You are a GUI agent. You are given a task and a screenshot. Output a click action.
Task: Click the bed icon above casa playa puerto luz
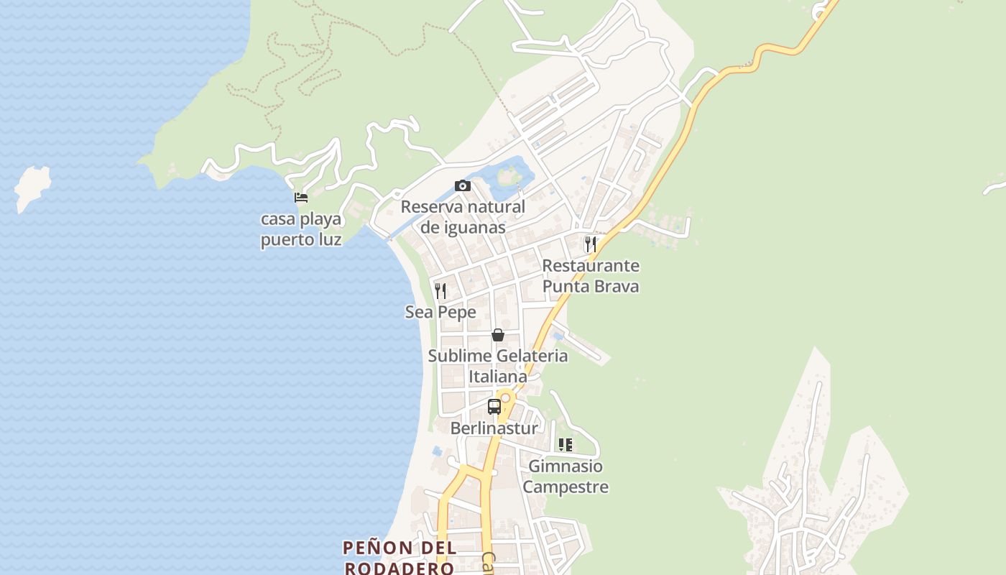301,198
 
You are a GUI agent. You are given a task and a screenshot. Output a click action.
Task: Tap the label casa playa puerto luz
301,229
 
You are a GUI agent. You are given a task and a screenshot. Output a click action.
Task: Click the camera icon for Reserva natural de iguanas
463,186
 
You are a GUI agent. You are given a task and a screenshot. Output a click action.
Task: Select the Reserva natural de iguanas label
463,217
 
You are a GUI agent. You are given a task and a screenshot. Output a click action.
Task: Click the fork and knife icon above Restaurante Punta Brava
590,244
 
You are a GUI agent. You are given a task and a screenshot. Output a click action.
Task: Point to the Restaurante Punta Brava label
590,276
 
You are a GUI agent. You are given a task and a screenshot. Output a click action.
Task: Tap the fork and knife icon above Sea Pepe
440,290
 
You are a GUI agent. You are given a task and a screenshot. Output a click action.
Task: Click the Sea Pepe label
440,312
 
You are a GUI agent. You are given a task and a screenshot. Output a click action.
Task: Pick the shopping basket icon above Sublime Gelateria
497,335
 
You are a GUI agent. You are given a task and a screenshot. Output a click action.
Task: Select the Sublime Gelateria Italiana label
497,366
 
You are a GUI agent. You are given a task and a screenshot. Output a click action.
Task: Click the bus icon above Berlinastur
494,407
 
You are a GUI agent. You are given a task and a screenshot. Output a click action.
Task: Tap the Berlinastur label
494,428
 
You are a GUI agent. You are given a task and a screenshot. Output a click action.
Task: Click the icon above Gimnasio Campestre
566,445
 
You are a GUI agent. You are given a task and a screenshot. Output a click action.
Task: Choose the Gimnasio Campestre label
566,477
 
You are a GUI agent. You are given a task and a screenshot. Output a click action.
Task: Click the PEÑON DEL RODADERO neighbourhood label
399,558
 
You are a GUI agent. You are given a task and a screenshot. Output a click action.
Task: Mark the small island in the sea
33,187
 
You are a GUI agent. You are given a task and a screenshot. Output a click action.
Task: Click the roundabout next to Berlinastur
506,397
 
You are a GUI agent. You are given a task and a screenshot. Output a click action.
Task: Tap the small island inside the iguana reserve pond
509,175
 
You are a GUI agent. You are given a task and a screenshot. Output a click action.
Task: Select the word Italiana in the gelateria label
497,377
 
